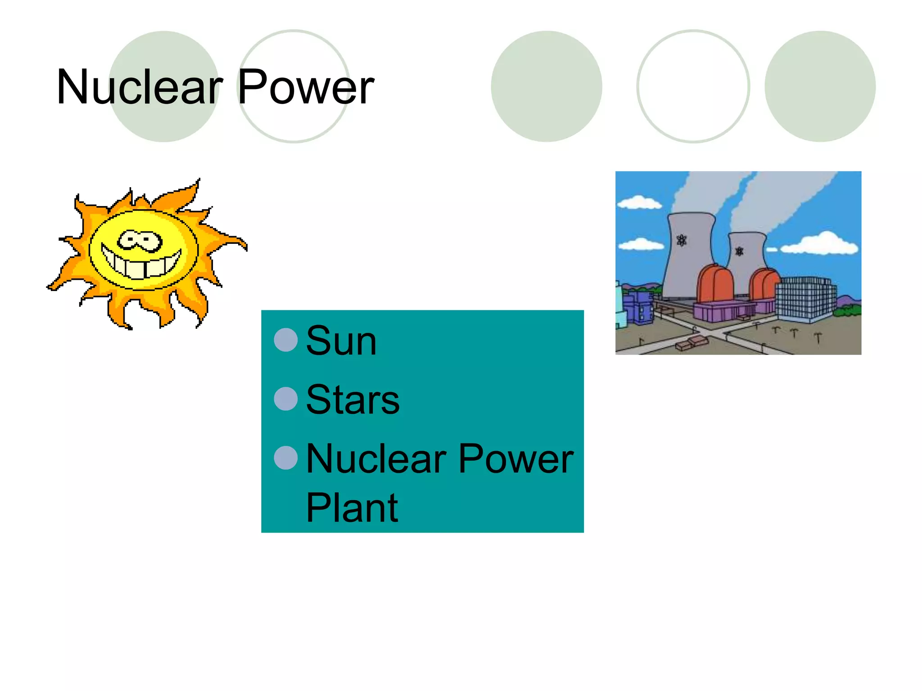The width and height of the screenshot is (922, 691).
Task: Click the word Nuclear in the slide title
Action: (x=140, y=87)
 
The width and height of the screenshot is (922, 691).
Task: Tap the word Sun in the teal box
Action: (x=341, y=341)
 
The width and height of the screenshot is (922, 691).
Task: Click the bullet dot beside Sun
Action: (x=286, y=340)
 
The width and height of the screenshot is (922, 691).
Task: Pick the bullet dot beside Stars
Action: (x=286, y=399)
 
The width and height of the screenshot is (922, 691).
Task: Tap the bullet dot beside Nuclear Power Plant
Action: (x=286, y=458)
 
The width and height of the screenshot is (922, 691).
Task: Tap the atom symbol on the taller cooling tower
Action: (x=682, y=241)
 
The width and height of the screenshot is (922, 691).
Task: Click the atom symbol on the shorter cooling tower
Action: (x=739, y=251)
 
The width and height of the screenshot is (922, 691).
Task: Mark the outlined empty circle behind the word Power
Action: (x=294, y=86)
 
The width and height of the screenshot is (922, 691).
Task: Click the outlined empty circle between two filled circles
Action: (x=693, y=86)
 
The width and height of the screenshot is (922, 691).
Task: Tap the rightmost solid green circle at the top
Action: (x=820, y=86)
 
